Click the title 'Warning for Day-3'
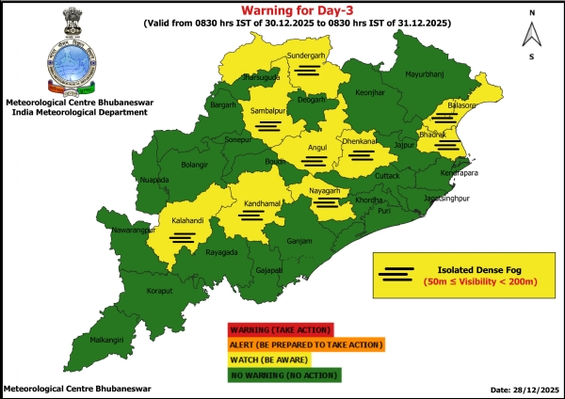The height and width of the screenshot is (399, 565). pyautogui.click(x=282, y=10)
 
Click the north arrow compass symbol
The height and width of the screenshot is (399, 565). pyautogui.click(x=532, y=35)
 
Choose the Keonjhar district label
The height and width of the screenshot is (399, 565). pyautogui.click(x=368, y=94)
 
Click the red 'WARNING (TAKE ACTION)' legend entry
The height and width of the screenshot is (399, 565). pyautogui.click(x=279, y=329)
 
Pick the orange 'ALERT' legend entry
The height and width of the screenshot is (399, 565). pyautogui.click(x=305, y=344)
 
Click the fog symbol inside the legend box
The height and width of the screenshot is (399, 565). pyautogui.click(x=397, y=275)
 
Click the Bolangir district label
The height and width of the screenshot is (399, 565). pyautogui.click(x=194, y=166)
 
